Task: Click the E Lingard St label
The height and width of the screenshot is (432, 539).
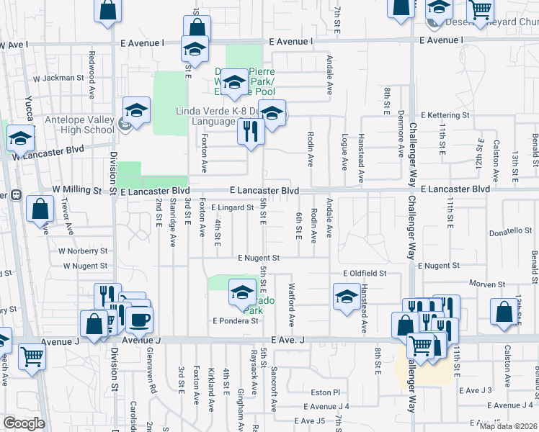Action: click(x=233, y=207)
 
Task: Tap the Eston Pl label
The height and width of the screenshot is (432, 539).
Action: click(x=326, y=392)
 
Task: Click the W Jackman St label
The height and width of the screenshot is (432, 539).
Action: click(x=61, y=78)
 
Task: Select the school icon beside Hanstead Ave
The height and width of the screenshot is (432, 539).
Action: click(x=347, y=295)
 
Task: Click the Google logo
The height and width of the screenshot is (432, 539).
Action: click(x=24, y=423)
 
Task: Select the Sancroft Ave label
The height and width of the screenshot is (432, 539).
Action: click(x=274, y=389)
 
